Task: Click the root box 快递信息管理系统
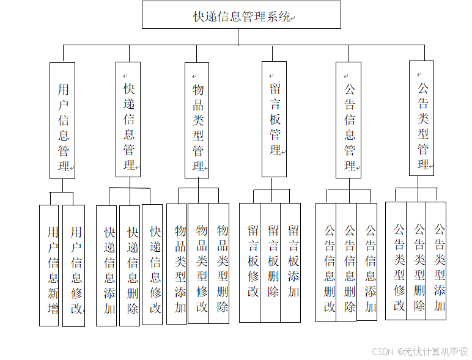coord(242,15)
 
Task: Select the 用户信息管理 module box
coord(62,120)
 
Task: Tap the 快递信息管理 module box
coord(128,119)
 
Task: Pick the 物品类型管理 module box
coord(197,120)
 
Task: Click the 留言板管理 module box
coord(274,119)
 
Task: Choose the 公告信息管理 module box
coord(348,120)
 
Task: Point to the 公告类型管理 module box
coord(422,118)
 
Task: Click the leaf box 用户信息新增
coord(49,265)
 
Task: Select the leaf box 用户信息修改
coord(74,265)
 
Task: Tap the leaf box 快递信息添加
coord(107,265)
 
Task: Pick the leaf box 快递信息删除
coord(130,265)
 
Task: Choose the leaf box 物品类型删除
coord(219,263)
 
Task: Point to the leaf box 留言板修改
coord(250,262)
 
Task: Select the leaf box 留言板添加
coord(291,262)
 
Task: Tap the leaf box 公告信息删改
coord(326,262)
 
